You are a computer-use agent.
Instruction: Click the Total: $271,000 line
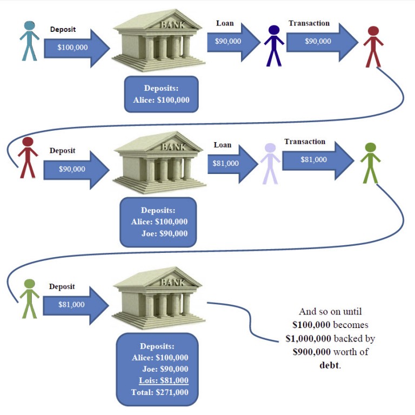pos(160,392)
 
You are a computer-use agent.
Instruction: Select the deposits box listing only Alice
pos(161,94)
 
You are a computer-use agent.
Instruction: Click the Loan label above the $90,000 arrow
pos(225,23)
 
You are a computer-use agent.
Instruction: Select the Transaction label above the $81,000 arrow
pos(305,142)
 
